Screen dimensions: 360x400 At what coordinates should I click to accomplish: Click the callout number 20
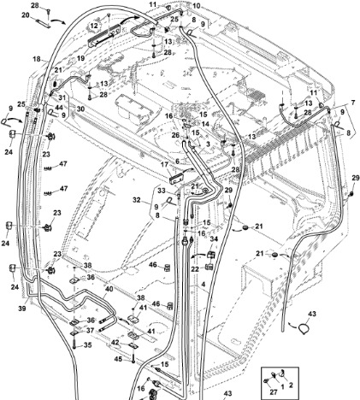click(26, 15)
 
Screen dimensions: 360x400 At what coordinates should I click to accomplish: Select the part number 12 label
click(94, 26)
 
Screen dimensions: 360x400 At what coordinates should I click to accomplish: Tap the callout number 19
click(80, 58)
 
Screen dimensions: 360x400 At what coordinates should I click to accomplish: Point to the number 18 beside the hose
click(37, 59)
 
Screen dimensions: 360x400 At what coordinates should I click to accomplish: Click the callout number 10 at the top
click(197, 6)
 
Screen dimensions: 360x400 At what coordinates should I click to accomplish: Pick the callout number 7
click(353, 103)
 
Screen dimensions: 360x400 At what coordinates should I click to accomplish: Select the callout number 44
click(59, 108)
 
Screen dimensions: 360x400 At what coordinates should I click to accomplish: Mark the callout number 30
click(80, 109)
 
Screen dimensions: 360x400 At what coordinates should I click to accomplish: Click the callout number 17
click(164, 164)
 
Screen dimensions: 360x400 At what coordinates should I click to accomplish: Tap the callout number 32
click(137, 200)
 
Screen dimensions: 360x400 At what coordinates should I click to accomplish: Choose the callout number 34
click(214, 239)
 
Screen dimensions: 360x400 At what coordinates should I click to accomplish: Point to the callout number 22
click(195, 268)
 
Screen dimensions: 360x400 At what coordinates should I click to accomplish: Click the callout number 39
click(23, 308)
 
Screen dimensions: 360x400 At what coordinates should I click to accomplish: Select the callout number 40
click(109, 289)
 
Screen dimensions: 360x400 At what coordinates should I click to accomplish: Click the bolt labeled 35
click(74, 344)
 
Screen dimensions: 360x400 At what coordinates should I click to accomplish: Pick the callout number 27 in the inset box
click(274, 392)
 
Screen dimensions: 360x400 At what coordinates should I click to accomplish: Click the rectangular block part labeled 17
click(177, 179)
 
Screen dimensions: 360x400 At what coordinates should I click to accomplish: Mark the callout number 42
click(115, 343)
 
